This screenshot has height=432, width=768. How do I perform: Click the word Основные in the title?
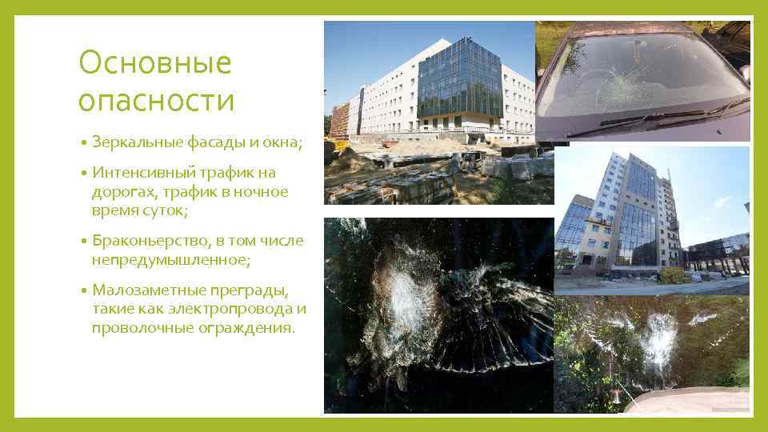[154, 63]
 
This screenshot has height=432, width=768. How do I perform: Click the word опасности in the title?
[157, 101]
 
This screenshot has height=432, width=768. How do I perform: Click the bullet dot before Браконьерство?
[83, 242]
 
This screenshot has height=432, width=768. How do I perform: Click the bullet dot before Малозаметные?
[83, 290]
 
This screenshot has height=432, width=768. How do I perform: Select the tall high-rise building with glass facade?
[632, 216]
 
